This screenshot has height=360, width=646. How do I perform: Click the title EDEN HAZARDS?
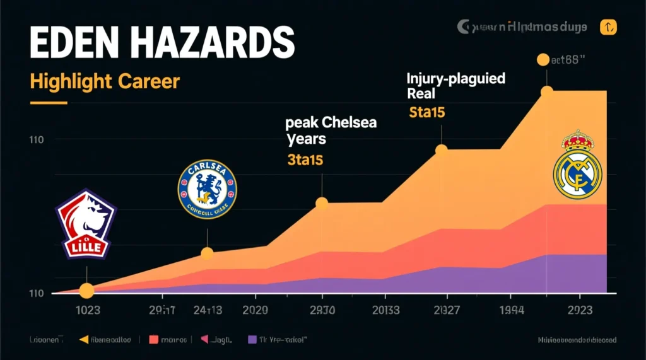(153, 45)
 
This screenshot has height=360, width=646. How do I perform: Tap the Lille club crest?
(86, 225)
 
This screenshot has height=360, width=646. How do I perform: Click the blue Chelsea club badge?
(207, 189)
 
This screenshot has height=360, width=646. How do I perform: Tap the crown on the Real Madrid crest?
(577, 139)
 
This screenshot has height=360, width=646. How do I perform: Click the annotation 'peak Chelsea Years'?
(331, 129)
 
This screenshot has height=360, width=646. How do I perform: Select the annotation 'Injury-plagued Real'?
(455, 86)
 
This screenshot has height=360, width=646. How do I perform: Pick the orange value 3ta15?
(305, 160)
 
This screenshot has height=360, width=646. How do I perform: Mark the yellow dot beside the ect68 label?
(543, 60)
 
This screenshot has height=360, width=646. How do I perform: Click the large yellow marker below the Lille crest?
(86, 291)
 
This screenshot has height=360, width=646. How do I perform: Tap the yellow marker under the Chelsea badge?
(207, 253)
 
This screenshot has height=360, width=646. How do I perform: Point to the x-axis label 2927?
(447, 310)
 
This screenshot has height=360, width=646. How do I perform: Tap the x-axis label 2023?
(578, 310)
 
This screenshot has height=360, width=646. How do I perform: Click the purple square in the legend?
(252, 340)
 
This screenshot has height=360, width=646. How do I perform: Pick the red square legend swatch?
(153, 340)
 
